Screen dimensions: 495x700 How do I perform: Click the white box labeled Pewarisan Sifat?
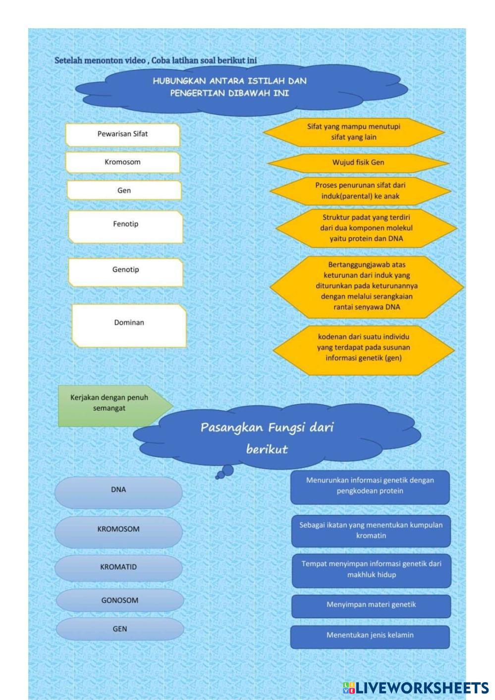122,134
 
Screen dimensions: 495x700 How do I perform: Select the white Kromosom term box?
122,162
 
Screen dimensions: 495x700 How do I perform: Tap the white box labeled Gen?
124,191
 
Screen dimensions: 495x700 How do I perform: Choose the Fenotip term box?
125,226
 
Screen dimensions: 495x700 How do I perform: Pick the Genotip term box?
125,272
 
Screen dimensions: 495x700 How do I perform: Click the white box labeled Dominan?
129,325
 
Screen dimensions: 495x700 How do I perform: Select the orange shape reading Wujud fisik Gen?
358,162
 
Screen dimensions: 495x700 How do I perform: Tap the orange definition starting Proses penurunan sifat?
360,191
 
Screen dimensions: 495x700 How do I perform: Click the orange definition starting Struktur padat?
366,228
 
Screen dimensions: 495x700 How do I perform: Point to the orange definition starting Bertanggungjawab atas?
367,286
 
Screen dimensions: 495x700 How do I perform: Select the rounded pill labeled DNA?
118,491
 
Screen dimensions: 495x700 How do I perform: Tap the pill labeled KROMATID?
118,568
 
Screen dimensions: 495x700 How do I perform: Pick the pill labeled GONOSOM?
119,600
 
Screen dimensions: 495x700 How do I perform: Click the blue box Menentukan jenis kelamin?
370,636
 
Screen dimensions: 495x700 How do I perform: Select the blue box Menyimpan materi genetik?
371,605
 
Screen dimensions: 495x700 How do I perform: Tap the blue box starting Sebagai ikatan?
371,531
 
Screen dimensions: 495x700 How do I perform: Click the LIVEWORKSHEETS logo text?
421,687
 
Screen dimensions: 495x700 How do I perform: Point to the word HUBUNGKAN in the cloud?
179,81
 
